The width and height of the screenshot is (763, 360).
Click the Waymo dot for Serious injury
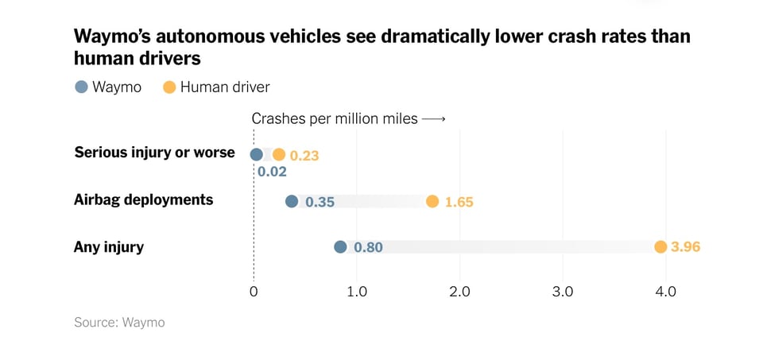pos(256,155)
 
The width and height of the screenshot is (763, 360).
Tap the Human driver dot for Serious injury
pos(278,155)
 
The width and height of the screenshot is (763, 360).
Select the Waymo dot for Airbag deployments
pos(292,201)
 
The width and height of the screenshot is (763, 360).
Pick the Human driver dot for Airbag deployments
pos(432,201)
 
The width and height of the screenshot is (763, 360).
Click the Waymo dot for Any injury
pos(340,247)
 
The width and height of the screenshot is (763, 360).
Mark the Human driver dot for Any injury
pos(660,247)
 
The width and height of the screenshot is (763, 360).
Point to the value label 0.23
pos(304,156)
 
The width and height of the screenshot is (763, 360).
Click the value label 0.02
pos(272,171)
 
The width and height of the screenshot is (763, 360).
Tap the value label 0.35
pos(320,202)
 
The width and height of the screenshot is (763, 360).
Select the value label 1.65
pos(459,202)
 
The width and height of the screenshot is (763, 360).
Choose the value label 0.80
pos(368,247)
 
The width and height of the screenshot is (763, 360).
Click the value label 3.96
pos(685,247)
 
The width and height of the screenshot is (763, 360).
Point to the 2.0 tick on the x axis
pos(459,292)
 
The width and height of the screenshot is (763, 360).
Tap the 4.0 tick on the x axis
pos(665,292)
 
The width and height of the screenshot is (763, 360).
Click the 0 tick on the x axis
pos(254,292)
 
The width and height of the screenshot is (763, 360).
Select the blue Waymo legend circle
pos(81,87)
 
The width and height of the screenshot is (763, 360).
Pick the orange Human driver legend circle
pos(168,87)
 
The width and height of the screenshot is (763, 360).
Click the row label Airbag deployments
pos(143,199)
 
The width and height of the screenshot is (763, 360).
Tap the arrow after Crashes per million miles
pos(433,119)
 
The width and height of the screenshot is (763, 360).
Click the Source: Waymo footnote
pos(119,323)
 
